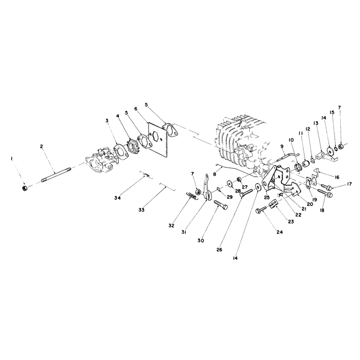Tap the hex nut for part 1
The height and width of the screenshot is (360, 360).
[24, 189]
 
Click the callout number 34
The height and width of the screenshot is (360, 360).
[117, 198]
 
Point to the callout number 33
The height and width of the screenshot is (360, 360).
[142, 210]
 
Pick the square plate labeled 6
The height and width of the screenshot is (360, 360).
[159, 140]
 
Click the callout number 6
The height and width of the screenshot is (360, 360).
[136, 108]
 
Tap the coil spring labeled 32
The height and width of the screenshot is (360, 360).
[190, 196]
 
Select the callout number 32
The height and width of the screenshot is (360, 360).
[171, 226]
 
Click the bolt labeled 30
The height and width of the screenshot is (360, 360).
[221, 204]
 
